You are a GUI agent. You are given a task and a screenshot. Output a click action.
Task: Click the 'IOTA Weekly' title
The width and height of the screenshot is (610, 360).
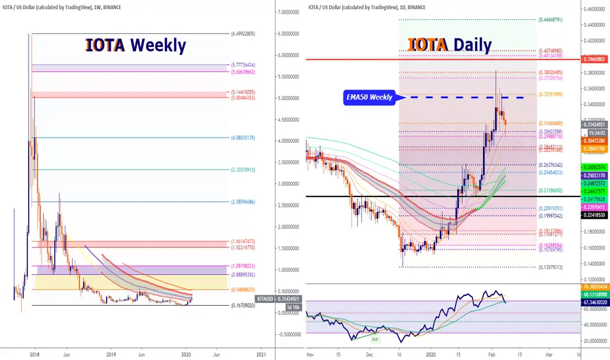click(135, 46)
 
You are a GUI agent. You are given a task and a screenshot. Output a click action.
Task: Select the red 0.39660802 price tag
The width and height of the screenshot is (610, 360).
click(594, 60)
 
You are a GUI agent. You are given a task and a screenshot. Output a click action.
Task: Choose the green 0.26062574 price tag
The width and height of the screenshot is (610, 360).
click(594, 168)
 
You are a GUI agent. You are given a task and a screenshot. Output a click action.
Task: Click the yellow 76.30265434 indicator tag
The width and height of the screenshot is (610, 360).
click(594, 287)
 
